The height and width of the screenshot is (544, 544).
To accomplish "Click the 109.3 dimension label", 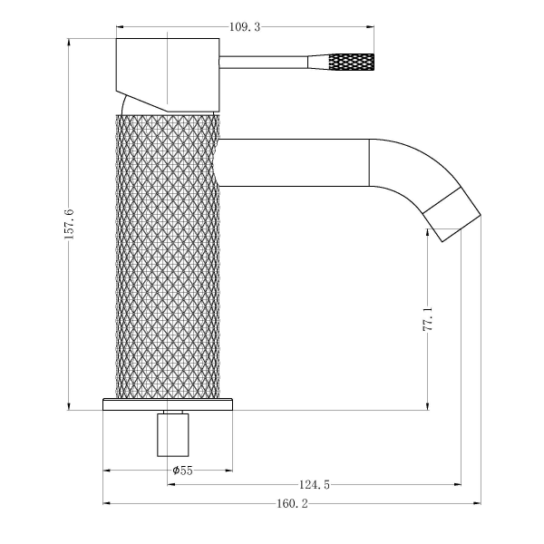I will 246,27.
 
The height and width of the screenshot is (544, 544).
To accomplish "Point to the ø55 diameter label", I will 182,470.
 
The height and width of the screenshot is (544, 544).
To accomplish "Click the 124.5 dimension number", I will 314,486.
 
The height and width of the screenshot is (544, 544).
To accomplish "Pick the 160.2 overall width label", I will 293,503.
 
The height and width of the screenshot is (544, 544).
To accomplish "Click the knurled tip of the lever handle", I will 351,63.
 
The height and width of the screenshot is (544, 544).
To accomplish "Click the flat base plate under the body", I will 168,403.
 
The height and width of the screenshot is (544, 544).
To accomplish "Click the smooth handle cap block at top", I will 169,73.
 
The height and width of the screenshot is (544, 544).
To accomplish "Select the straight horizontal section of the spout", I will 295,163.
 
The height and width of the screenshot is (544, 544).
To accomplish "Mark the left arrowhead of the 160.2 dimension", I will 105,503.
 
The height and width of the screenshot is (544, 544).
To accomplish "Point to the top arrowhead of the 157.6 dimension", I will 69,42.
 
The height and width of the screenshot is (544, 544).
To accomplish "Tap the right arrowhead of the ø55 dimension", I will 228,471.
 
